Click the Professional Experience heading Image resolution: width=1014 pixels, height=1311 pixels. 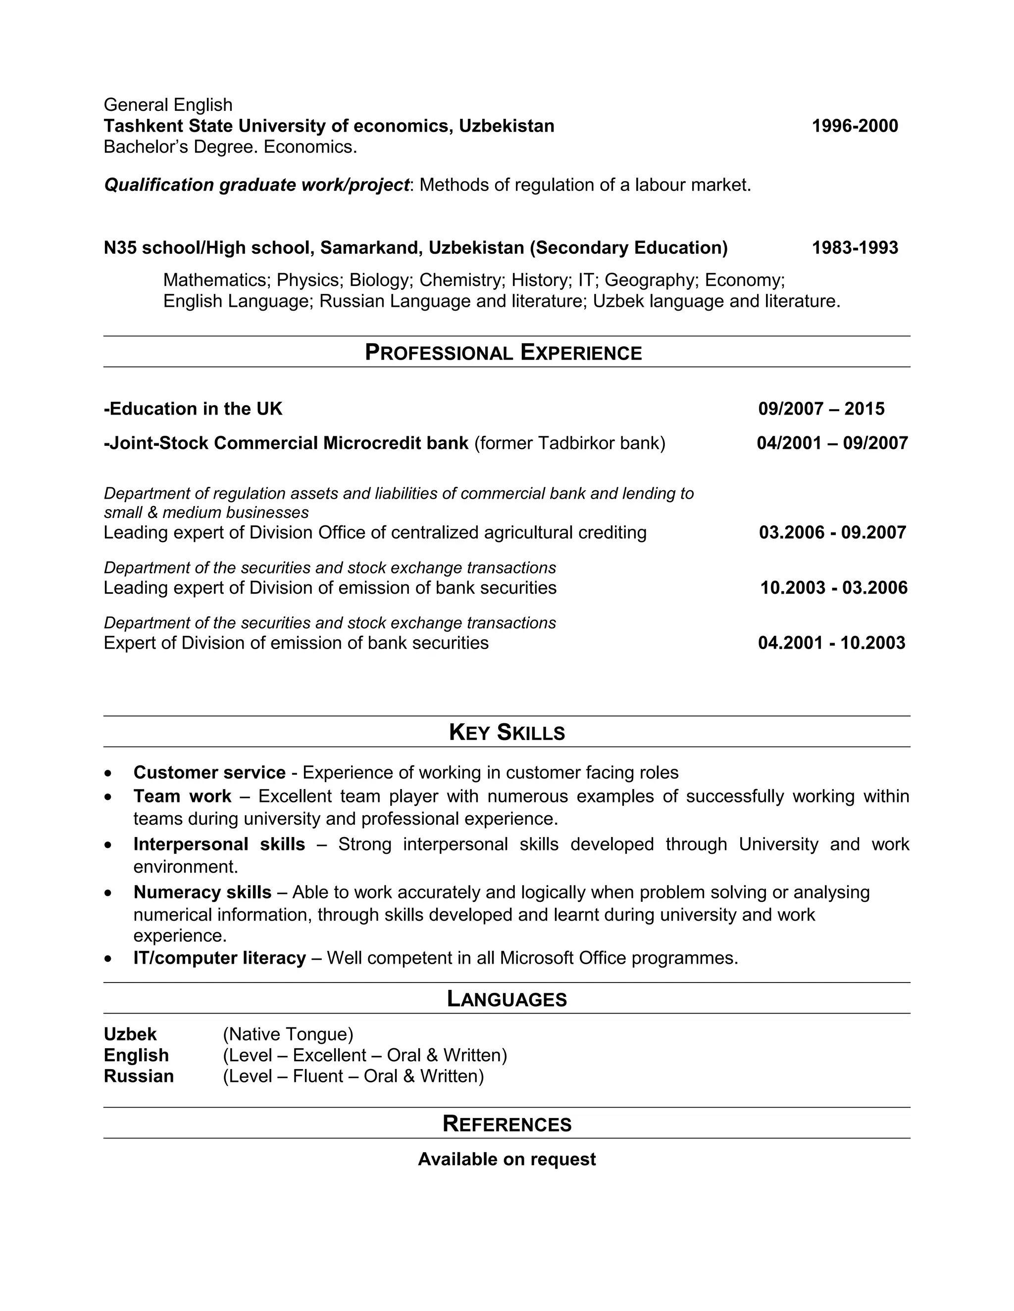click(x=504, y=352)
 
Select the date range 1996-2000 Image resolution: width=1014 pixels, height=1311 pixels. click(x=854, y=126)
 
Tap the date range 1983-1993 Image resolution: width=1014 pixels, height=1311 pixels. click(x=854, y=248)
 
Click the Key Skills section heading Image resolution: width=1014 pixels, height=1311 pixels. click(x=507, y=732)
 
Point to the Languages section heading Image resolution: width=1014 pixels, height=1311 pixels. click(x=507, y=999)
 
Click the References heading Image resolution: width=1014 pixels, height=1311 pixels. click(x=507, y=1124)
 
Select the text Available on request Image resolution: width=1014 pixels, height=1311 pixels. click(x=507, y=1159)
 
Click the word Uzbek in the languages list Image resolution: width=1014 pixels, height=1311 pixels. click(x=130, y=1034)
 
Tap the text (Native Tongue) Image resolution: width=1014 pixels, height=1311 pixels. click(x=288, y=1034)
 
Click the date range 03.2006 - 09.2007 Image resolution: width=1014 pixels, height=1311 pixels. click(x=832, y=532)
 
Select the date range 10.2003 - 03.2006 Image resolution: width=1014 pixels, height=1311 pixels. click(x=833, y=588)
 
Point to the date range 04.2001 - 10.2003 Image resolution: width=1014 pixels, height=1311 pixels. click(x=831, y=643)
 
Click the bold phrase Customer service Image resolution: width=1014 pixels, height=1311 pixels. click(x=209, y=773)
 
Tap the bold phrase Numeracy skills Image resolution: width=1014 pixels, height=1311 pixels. click(x=203, y=892)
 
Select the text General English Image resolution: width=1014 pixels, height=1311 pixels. click(x=168, y=105)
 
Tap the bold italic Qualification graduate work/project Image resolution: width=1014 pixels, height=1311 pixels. click(x=256, y=185)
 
